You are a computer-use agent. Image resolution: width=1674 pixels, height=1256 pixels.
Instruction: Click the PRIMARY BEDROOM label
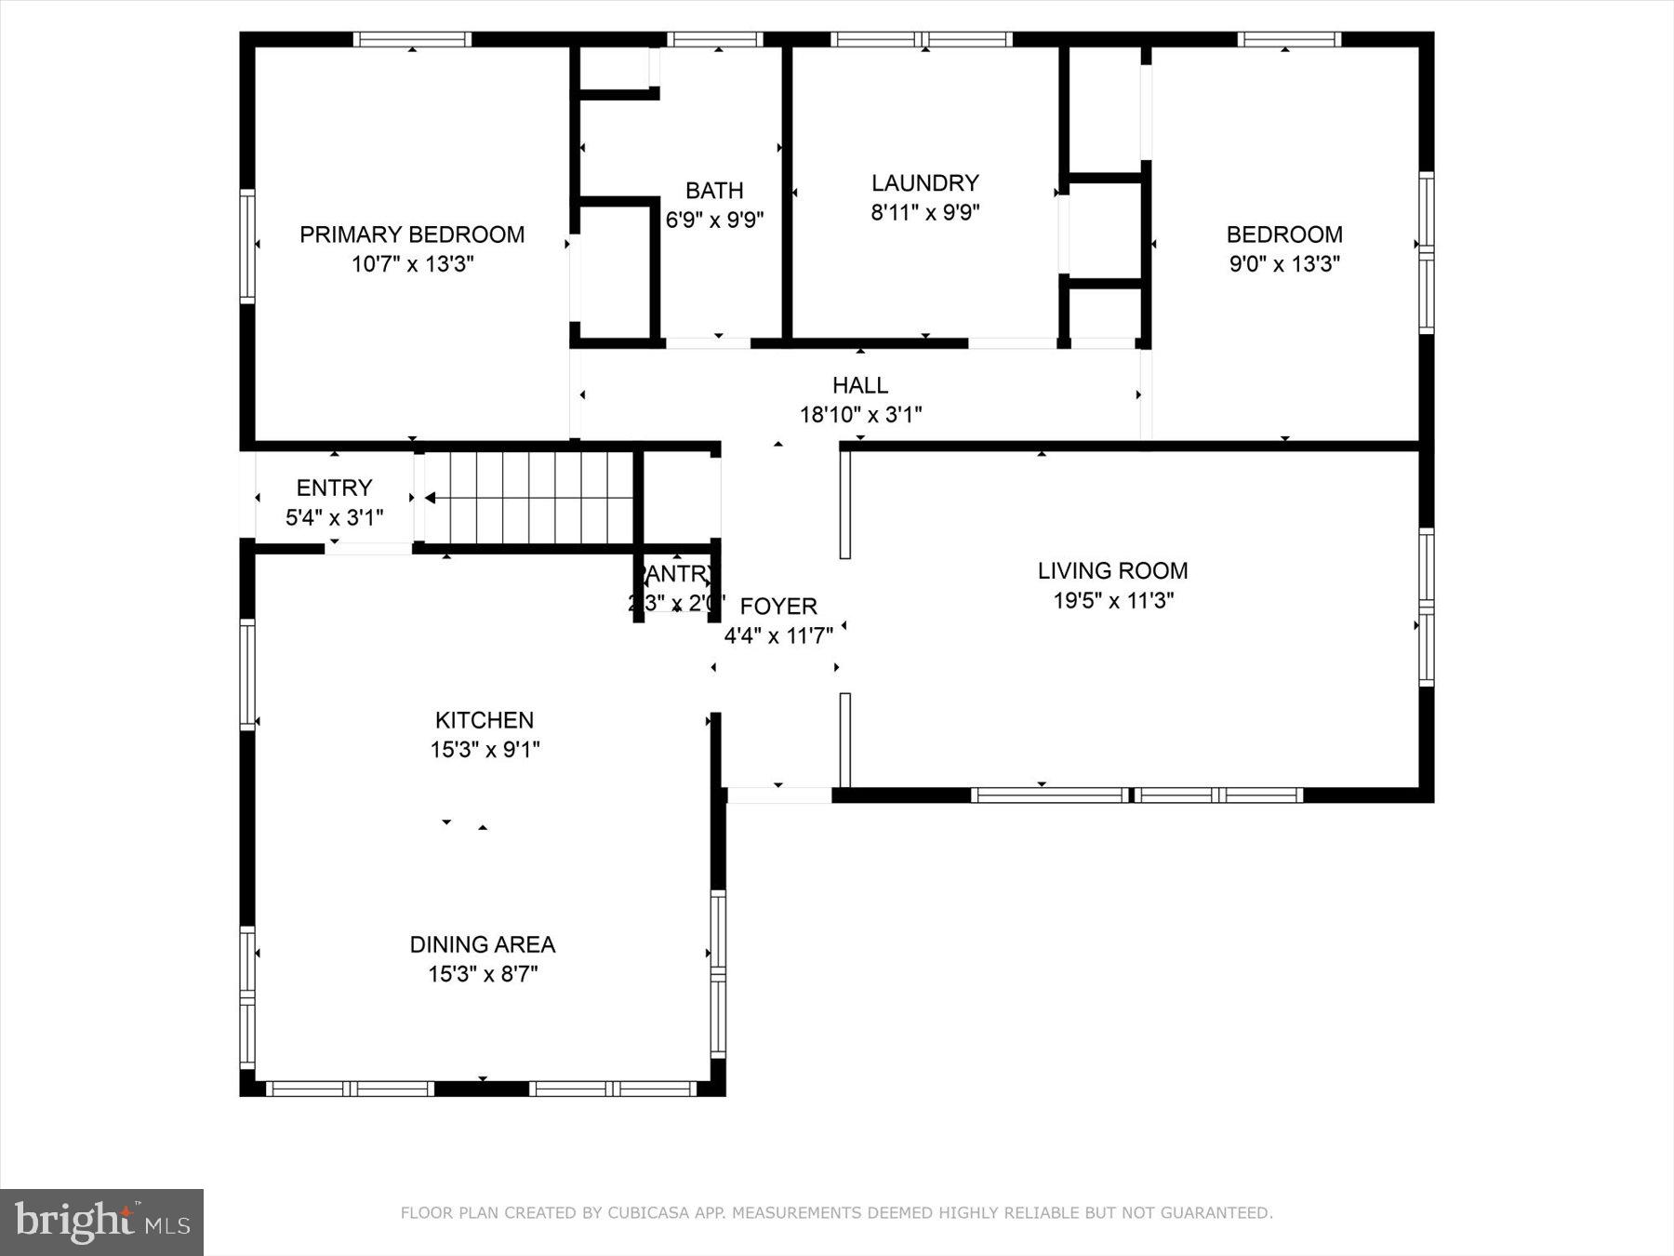point(412,234)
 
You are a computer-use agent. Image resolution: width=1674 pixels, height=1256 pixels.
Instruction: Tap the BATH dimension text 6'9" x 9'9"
point(714,220)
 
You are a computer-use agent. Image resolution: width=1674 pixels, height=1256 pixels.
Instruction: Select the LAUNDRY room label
point(924,182)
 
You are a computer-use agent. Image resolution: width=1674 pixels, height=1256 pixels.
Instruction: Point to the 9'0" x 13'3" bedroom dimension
point(1284,264)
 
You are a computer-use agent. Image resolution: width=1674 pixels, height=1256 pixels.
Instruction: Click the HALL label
point(859,385)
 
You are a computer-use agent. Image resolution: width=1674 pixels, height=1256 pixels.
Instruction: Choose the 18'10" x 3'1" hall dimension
point(860,415)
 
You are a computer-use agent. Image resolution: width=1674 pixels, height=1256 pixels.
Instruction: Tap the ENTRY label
point(334,488)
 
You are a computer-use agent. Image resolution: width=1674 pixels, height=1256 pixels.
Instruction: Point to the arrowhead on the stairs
point(430,498)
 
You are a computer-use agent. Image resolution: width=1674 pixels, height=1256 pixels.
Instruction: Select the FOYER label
point(778,607)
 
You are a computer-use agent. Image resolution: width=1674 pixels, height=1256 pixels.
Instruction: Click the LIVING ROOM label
point(1112,570)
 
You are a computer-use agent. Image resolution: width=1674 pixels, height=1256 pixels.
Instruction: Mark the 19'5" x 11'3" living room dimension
point(1113,601)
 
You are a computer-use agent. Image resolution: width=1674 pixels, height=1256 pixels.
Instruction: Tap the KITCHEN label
point(485,720)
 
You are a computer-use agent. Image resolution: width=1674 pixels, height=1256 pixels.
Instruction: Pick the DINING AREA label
point(483,944)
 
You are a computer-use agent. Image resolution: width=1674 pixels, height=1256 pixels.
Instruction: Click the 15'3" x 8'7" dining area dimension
point(483,975)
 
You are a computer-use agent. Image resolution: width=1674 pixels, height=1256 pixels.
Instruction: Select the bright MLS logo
point(101,1222)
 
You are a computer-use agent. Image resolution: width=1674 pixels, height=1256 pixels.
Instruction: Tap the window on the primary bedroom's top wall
point(412,39)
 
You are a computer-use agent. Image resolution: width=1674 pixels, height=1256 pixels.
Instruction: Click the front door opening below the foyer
point(778,795)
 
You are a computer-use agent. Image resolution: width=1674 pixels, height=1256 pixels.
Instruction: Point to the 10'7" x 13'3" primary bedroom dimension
point(412,264)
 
